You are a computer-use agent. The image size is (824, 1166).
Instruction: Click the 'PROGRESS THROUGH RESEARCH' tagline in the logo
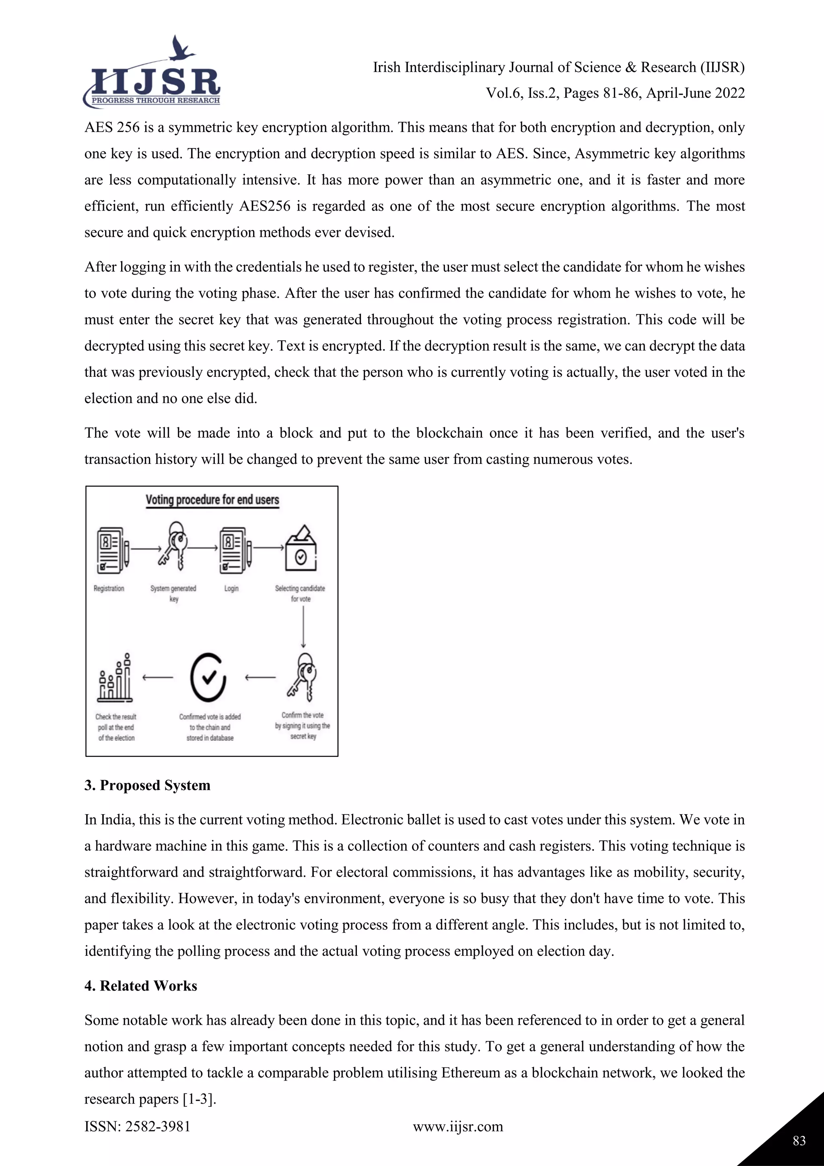click(155, 101)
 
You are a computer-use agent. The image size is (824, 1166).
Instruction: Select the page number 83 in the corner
click(799, 1141)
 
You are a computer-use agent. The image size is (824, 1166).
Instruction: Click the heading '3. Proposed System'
click(147, 785)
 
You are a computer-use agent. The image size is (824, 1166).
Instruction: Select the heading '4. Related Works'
click(140, 985)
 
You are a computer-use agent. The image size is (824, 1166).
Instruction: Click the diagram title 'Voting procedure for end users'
click(212, 500)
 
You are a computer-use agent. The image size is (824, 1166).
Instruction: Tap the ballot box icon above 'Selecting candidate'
click(301, 550)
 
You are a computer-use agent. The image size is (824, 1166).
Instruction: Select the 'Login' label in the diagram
click(231, 588)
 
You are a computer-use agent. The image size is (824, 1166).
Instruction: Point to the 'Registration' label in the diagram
click(109, 588)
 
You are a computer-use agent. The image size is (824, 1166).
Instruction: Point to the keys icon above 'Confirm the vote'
click(303, 677)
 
